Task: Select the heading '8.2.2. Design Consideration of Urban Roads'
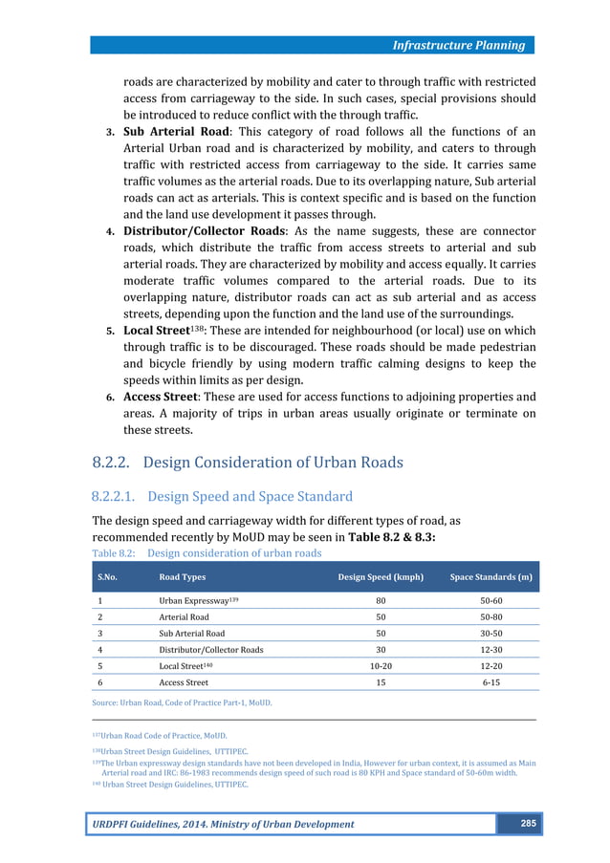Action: click(248, 463)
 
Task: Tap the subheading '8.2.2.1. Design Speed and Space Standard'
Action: click(222, 496)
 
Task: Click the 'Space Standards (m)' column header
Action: click(490, 577)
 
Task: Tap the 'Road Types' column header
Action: click(182, 577)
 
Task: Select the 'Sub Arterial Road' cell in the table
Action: click(192, 633)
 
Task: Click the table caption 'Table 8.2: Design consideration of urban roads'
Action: click(207, 552)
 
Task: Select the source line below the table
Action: click(182, 702)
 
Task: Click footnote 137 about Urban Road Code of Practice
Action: click(160, 735)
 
